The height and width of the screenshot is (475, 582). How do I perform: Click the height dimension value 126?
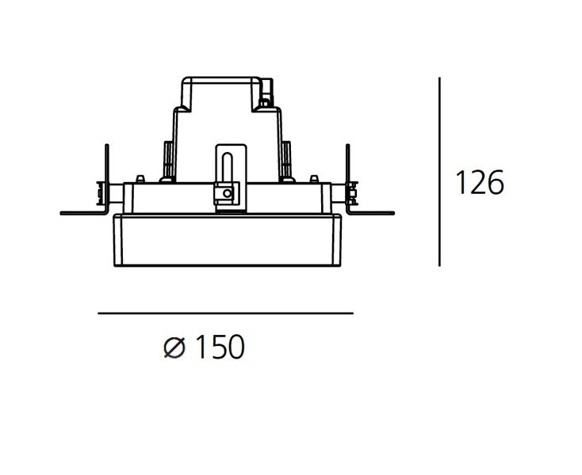479,182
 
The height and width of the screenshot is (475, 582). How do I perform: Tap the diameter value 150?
220,347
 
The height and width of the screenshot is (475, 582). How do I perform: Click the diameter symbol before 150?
174,348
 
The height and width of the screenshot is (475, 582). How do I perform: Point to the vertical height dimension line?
439,172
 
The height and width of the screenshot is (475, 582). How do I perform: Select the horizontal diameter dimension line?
225,313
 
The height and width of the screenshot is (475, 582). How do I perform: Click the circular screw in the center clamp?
227,193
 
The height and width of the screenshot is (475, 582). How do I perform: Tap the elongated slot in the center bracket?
227,168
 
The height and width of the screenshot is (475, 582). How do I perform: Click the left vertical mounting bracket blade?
107,179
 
